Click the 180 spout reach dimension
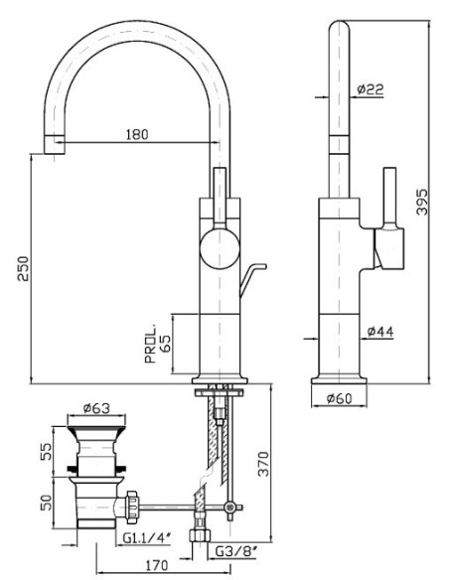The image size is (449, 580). pyautogui.click(x=137, y=134)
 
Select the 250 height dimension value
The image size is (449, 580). pyautogui.click(x=24, y=268)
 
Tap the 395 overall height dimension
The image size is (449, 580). pyautogui.click(x=422, y=202)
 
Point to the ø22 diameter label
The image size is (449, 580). pyautogui.click(x=371, y=89)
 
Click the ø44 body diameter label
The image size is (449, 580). pyautogui.click(x=380, y=332)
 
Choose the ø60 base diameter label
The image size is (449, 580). pyautogui.click(x=340, y=398)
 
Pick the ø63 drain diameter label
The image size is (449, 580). pyautogui.click(x=97, y=408)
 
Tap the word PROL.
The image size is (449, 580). pyautogui.click(x=151, y=345)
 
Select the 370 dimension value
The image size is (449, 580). pyautogui.click(x=263, y=464)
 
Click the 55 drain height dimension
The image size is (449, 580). pyautogui.click(x=47, y=451)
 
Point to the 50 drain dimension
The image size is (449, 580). pyautogui.click(x=47, y=503)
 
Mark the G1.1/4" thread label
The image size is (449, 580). pyautogui.click(x=147, y=538)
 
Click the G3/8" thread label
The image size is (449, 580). pyautogui.click(x=236, y=551)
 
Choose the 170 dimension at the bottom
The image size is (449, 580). pyautogui.click(x=156, y=565)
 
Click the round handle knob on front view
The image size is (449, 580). pyautogui.click(x=219, y=248)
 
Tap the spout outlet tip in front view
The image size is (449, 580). pyautogui.click(x=55, y=145)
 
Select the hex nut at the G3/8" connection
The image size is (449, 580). pyautogui.click(x=200, y=535)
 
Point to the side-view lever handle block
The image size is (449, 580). pyautogui.click(x=388, y=248)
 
